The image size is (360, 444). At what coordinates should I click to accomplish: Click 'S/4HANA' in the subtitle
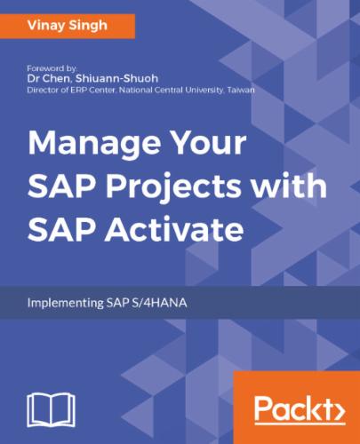pyautogui.click(x=162, y=301)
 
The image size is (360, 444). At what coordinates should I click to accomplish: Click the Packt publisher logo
pyautogui.click(x=298, y=409)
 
